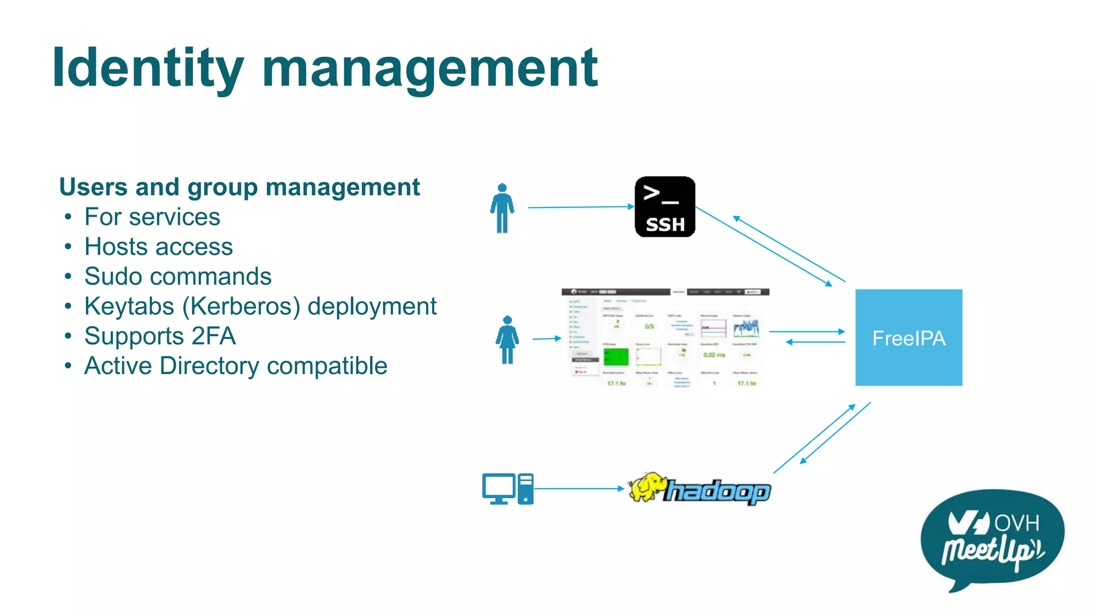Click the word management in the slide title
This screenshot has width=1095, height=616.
click(429, 68)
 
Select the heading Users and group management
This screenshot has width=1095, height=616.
click(239, 187)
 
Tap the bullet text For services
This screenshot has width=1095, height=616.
click(152, 217)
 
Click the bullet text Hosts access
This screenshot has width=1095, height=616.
click(158, 247)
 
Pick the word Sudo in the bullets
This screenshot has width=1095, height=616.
click(113, 276)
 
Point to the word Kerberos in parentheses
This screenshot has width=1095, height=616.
click(244, 306)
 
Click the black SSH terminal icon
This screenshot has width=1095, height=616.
click(665, 206)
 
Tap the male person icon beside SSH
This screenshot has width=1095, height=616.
click(502, 209)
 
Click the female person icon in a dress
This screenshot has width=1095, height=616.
click(507, 340)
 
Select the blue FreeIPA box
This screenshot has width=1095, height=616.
click(908, 337)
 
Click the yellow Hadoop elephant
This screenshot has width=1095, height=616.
click(647, 487)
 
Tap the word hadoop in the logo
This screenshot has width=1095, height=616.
click(718, 491)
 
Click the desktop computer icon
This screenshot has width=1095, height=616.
click(507, 489)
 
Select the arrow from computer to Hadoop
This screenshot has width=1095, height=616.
click(579, 488)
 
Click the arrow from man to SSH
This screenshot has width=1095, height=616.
click(580, 207)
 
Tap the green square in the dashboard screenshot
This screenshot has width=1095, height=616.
click(616, 356)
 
